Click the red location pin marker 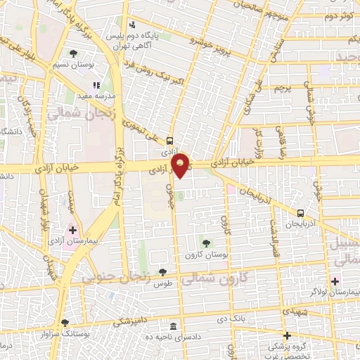(x=181, y=165)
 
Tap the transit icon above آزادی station (x=171, y=140)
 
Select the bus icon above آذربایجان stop (x=301, y=212)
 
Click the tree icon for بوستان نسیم (x=73, y=53)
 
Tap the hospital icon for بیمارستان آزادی (x=73, y=230)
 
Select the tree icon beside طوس (x=163, y=272)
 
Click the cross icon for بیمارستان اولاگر (x=334, y=281)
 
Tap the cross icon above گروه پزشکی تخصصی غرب (x=286, y=335)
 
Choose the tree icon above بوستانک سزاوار (x=65, y=323)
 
